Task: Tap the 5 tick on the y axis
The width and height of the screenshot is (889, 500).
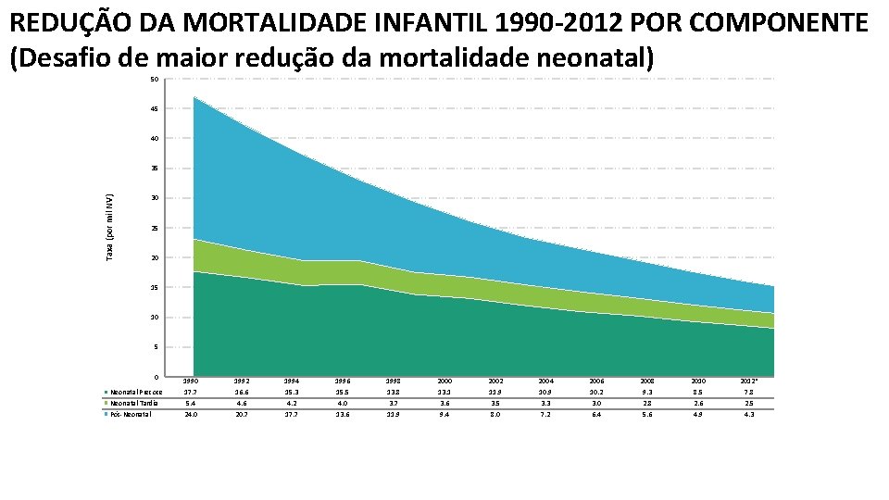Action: (x=156, y=347)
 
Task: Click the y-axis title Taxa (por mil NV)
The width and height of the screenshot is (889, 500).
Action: (x=110, y=227)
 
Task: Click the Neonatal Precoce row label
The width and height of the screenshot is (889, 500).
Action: (x=136, y=392)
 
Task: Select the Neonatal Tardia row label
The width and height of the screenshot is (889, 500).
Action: (x=134, y=403)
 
